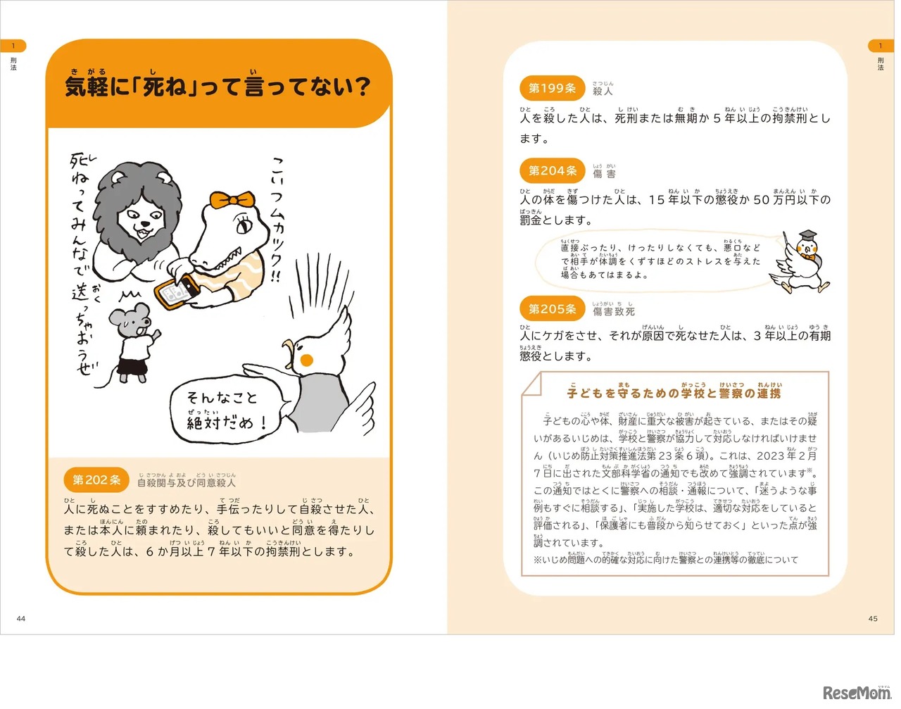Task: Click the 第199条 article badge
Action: point(552,88)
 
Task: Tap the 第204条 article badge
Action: point(553,170)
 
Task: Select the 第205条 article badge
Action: point(553,309)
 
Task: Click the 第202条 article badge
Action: point(96,480)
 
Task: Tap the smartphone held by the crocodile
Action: point(177,291)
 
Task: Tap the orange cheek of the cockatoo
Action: point(306,360)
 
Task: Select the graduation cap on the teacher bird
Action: point(807,236)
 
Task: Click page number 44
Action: point(21,618)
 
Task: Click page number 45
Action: point(873,618)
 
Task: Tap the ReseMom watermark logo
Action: point(856,693)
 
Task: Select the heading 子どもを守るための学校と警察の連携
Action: point(674,393)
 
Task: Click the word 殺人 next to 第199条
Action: point(603,91)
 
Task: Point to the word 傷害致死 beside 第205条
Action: point(613,311)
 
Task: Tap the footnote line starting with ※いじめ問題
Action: point(666,560)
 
